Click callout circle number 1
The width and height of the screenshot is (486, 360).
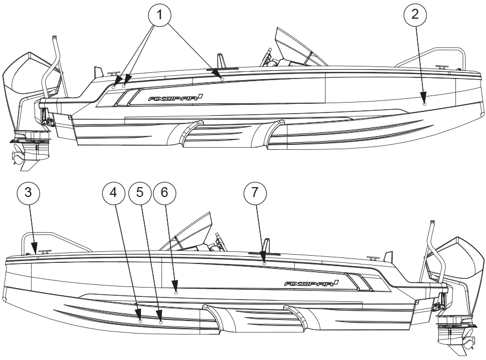point(160,17)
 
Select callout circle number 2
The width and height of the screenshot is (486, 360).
point(415,16)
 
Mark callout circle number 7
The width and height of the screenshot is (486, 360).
point(255,194)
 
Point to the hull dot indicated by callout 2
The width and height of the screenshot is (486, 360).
point(425,103)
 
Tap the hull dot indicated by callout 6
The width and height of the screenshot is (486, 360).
point(176,292)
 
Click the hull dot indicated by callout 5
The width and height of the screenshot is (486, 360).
point(161,322)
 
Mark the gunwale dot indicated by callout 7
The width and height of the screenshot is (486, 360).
point(264,264)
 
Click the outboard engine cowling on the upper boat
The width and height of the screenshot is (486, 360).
point(25,77)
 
